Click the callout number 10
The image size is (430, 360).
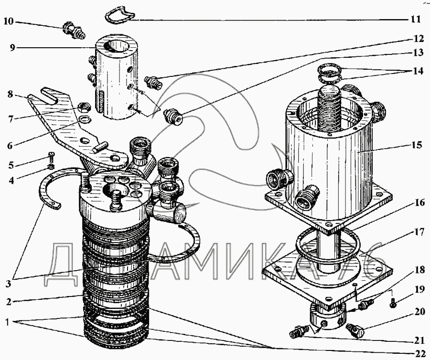(x=9, y=21)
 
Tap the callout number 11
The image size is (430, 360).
(x=415, y=20)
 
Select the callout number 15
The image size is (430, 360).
(x=416, y=144)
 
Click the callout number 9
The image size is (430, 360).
(x=12, y=48)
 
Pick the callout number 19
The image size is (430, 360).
(x=419, y=289)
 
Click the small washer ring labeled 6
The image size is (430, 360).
(x=85, y=120)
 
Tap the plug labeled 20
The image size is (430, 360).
(x=355, y=330)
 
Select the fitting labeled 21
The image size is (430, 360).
(x=299, y=332)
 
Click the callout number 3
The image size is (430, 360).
(x=8, y=283)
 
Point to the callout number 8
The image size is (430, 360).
(x=10, y=94)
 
